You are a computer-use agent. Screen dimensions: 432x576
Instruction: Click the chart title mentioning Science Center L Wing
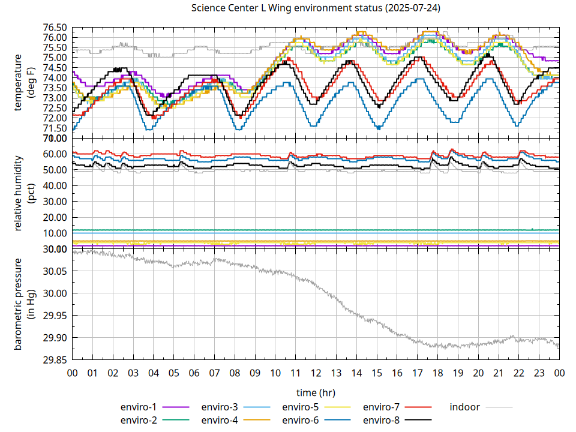click(315, 8)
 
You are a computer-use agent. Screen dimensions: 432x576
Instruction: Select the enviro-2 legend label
click(139, 420)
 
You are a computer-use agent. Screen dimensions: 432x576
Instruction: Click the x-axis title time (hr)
click(315, 392)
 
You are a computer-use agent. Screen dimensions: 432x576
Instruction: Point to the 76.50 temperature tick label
click(54, 28)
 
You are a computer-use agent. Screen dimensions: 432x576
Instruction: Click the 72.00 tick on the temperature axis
click(54, 118)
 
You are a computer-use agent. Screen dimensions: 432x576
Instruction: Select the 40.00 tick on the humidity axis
click(54, 186)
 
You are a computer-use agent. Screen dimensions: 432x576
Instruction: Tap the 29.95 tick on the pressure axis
click(54, 316)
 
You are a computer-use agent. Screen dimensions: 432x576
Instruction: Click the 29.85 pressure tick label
click(54, 360)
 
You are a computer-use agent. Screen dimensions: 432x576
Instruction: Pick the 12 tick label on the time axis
click(316, 373)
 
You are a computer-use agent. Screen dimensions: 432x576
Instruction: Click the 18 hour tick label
click(437, 373)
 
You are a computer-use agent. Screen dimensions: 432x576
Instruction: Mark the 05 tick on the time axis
click(173, 373)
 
